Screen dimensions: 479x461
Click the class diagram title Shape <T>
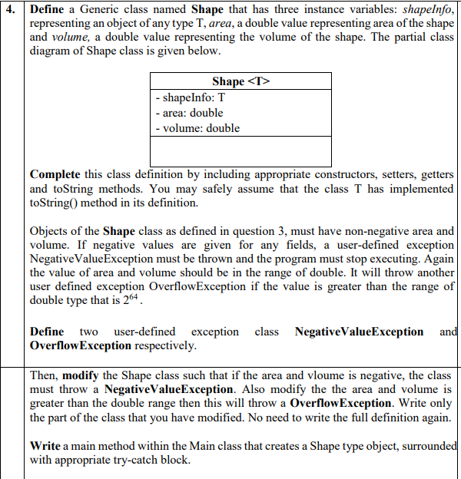(240, 81)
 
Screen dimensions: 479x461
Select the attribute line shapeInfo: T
(190, 97)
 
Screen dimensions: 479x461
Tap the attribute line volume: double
(197, 128)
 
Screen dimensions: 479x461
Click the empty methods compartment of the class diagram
(241, 151)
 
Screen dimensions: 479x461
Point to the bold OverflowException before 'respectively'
(81, 345)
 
